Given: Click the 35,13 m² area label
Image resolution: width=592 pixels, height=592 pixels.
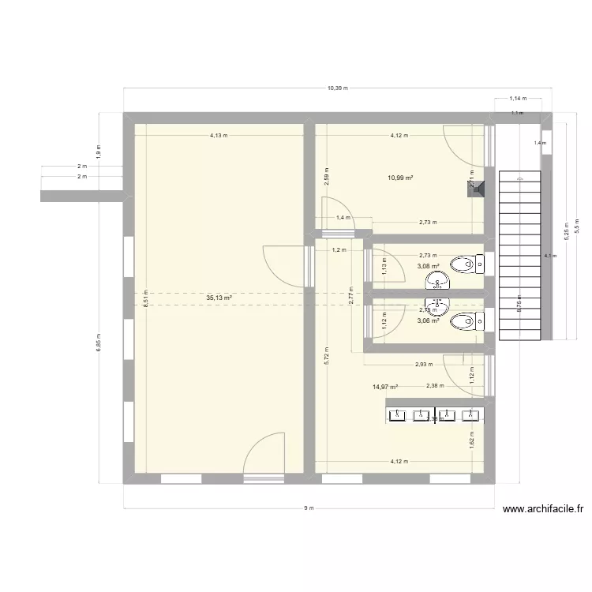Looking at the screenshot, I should pos(219,298).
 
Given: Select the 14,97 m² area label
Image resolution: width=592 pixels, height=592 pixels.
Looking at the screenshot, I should pos(384,387).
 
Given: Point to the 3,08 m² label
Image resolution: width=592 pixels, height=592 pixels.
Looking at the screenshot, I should pos(429,266).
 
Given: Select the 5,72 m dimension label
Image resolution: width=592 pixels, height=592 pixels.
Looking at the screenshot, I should pos(327,356).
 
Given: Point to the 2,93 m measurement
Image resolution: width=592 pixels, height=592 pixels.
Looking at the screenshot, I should pos(425,364).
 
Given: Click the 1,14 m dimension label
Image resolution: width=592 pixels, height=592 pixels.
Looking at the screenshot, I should pos(518,99).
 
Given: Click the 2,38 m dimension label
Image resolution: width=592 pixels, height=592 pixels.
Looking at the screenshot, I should pos(434,386).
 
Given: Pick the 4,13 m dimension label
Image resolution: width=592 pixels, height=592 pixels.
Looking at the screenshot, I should pos(219,135).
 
